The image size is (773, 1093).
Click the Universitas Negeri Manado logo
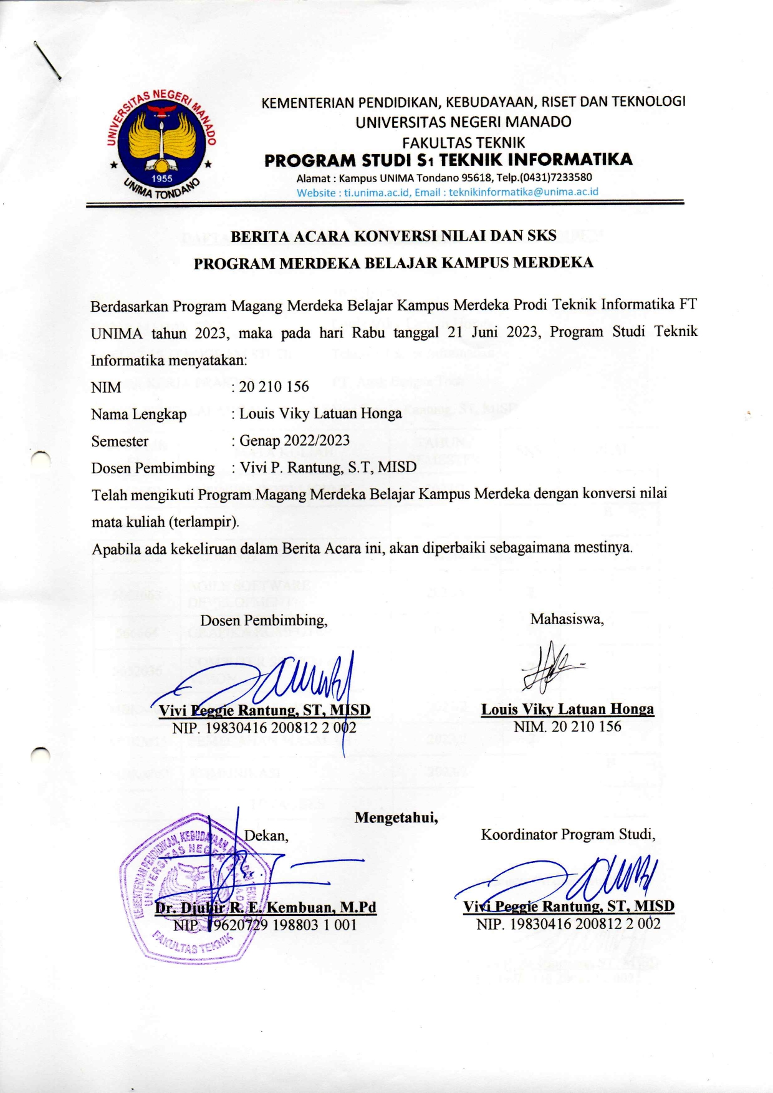[x=161, y=145]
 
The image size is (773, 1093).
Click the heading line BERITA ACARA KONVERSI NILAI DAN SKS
[x=393, y=236]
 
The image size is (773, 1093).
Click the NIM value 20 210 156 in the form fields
[x=274, y=387]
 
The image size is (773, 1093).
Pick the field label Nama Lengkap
[x=138, y=414]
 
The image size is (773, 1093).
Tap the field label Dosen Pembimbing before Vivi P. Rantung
[x=153, y=468]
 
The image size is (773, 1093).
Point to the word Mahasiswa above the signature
[x=566, y=619]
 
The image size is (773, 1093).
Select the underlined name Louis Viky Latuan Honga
[x=567, y=710]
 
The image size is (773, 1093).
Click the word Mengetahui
[x=396, y=817]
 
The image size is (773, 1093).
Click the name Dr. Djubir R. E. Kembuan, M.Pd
[x=266, y=907]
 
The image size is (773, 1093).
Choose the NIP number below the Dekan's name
[x=265, y=925]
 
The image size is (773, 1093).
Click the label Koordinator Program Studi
[x=568, y=834]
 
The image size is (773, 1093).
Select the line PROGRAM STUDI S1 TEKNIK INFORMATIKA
[x=448, y=160]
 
